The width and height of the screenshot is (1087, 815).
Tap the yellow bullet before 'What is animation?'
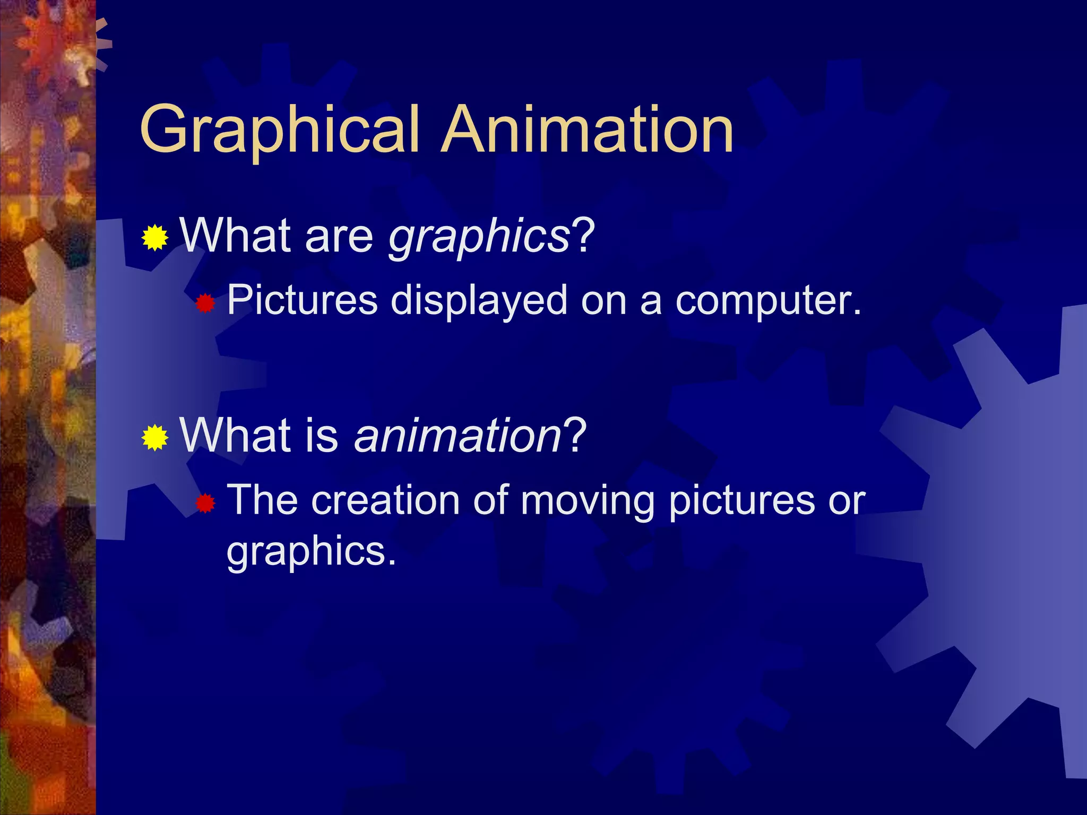coord(155,438)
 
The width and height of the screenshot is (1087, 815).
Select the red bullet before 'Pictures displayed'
coord(205,304)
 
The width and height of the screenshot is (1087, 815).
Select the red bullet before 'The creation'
coord(205,503)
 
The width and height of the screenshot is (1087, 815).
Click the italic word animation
coord(458,436)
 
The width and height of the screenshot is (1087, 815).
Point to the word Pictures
coord(302,300)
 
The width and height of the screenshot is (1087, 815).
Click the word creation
coord(385,501)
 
